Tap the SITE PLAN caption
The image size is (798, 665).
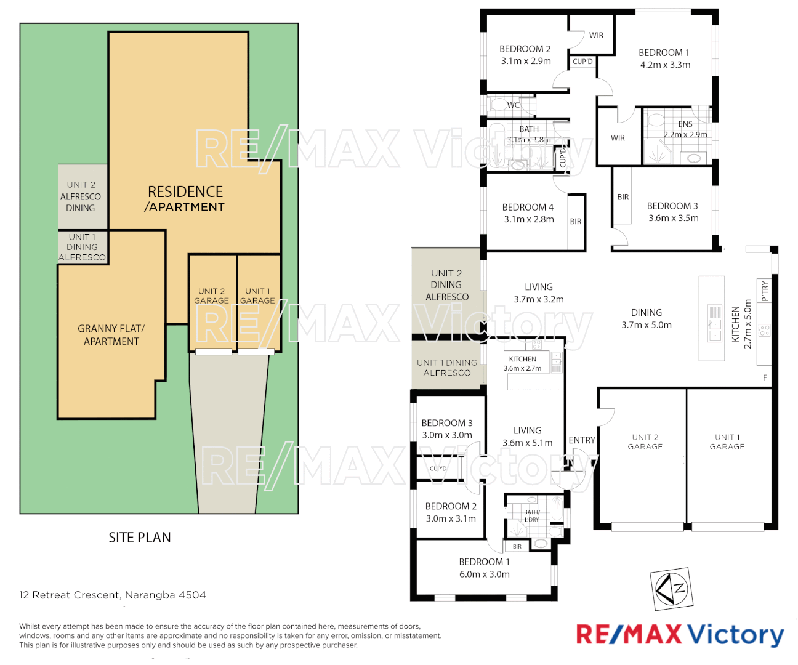pos(140,538)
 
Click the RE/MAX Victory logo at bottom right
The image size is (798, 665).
pos(680,634)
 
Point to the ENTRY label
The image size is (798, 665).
pos(582,440)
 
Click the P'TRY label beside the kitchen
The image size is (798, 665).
pos(765,291)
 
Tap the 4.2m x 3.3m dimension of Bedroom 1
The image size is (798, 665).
pos(665,65)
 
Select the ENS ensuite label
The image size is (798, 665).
pos(685,124)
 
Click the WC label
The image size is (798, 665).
pos(514,105)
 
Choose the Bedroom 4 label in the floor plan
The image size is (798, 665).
pos(528,208)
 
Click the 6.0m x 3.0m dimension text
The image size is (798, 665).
pos(484,574)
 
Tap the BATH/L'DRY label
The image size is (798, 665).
pos(532,515)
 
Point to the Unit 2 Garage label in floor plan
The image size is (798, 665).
pos(645,442)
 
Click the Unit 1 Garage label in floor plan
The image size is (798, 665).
pos(727,442)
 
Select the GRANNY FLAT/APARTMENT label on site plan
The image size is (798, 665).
pos(111,335)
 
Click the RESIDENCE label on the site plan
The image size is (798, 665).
pos(185,192)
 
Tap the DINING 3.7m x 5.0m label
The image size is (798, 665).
pos(647,318)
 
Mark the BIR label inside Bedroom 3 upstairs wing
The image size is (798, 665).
pos(623,197)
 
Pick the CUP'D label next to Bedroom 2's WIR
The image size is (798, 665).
pos(582,62)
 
